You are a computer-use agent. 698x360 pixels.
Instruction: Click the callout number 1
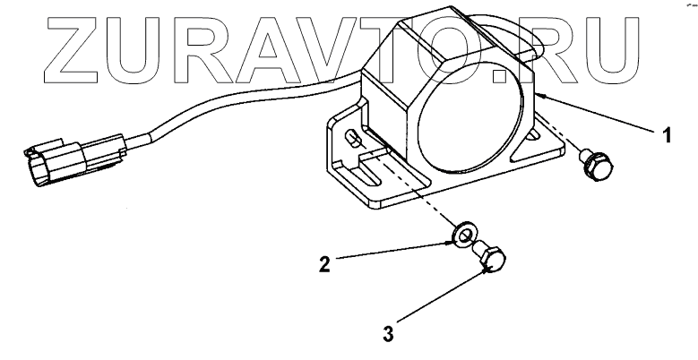point(666,135)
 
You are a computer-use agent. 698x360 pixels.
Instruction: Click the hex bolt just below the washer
point(492,261)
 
